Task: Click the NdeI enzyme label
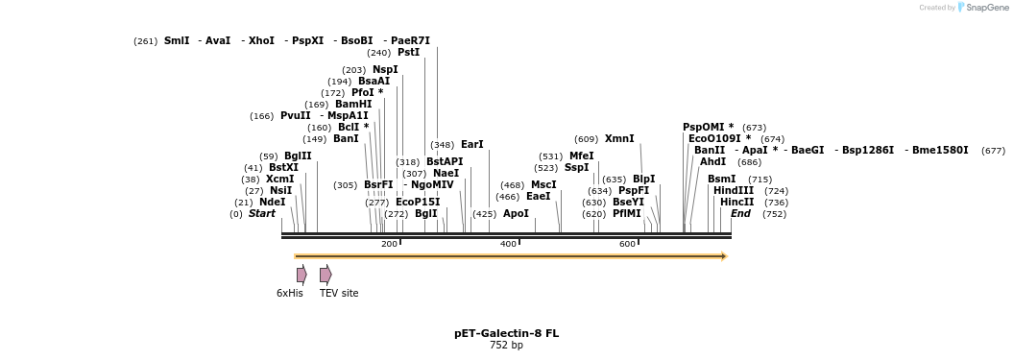pyautogui.click(x=272, y=202)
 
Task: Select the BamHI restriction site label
pyautogui.click(x=353, y=104)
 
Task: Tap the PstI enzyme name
pyautogui.click(x=408, y=53)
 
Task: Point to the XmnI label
pyautogui.click(x=619, y=138)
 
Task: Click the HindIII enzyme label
pyautogui.click(x=734, y=190)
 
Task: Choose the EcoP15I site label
pyautogui.click(x=418, y=202)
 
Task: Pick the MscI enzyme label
pyautogui.click(x=543, y=184)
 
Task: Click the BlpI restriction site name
pyautogui.click(x=643, y=179)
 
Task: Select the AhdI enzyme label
pyautogui.click(x=712, y=161)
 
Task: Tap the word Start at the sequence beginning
pyautogui.click(x=261, y=213)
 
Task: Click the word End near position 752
pyautogui.click(x=740, y=213)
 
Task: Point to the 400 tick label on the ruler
pyautogui.click(x=509, y=244)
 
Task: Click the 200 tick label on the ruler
pyautogui.click(x=389, y=244)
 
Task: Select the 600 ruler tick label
pyautogui.click(x=628, y=244)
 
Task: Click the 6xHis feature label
pyautogui.click(x=289, y=293)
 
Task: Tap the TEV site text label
pyautogui.click(x=339, y=293)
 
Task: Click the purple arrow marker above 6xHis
pyautogui.click(x=301, y=275)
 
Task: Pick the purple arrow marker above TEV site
pyautogui.click(x=326, y=275)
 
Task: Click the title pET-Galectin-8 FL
pyautogui.click(x=506, y=333)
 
